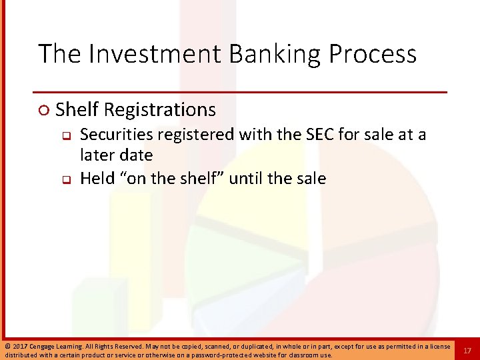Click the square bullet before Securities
[x=67, y=136]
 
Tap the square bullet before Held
[x=67, y=179]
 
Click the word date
[x=136, y=155]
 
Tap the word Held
[x=97, y=178]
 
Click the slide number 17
[x=467, y=350]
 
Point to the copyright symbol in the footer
[x=7, y=346]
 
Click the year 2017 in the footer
[x=19, y=346]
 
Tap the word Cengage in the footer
[x=43, y=346]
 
